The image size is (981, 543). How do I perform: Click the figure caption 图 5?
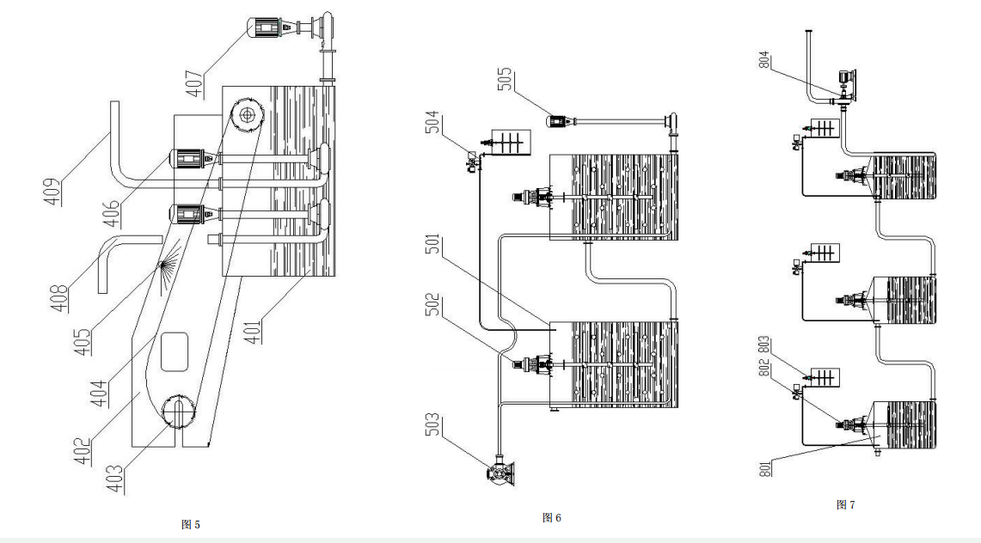192,524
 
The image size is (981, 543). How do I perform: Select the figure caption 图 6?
552,517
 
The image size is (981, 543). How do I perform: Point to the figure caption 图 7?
845,504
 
